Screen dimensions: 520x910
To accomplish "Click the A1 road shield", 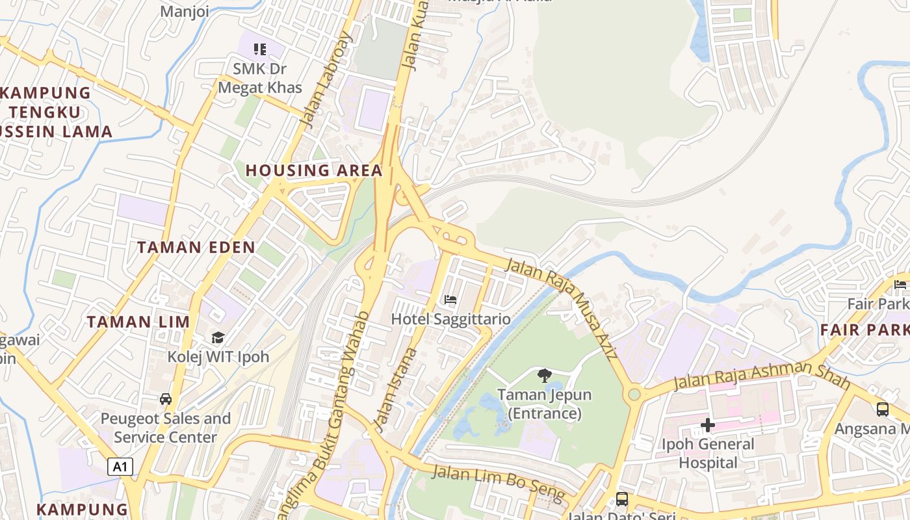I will [120, 467].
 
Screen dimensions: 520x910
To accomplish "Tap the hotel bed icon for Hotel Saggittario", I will [450, 300].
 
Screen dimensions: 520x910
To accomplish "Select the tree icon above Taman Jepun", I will [545, 375].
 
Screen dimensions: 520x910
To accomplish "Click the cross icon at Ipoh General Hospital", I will [708, 426].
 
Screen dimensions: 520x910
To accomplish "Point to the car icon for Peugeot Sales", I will [166, 399].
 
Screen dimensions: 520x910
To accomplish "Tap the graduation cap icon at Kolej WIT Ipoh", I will [218, 338].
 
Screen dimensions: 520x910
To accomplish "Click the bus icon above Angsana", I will [882, 409].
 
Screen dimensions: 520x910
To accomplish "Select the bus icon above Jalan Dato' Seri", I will [622, 499].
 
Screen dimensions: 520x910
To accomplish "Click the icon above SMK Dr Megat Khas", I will [260, 49].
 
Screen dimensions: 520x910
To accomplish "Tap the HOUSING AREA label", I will [314, 170].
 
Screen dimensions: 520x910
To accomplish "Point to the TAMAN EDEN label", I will [196, 247].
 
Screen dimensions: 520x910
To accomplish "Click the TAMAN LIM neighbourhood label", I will [138, 322].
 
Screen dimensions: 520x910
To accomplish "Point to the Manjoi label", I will [185, 12].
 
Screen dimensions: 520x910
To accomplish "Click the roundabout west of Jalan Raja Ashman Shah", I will [634, 394].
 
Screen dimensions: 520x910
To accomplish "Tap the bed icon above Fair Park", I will [900, 285].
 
